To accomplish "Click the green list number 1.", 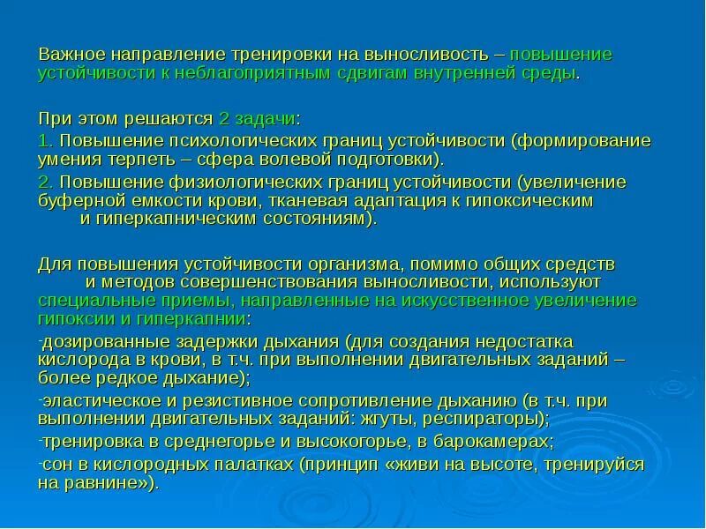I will [x=44, y=140].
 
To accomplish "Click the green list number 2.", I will [x=44, y=182].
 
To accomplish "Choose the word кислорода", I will [x=78, y=360].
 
